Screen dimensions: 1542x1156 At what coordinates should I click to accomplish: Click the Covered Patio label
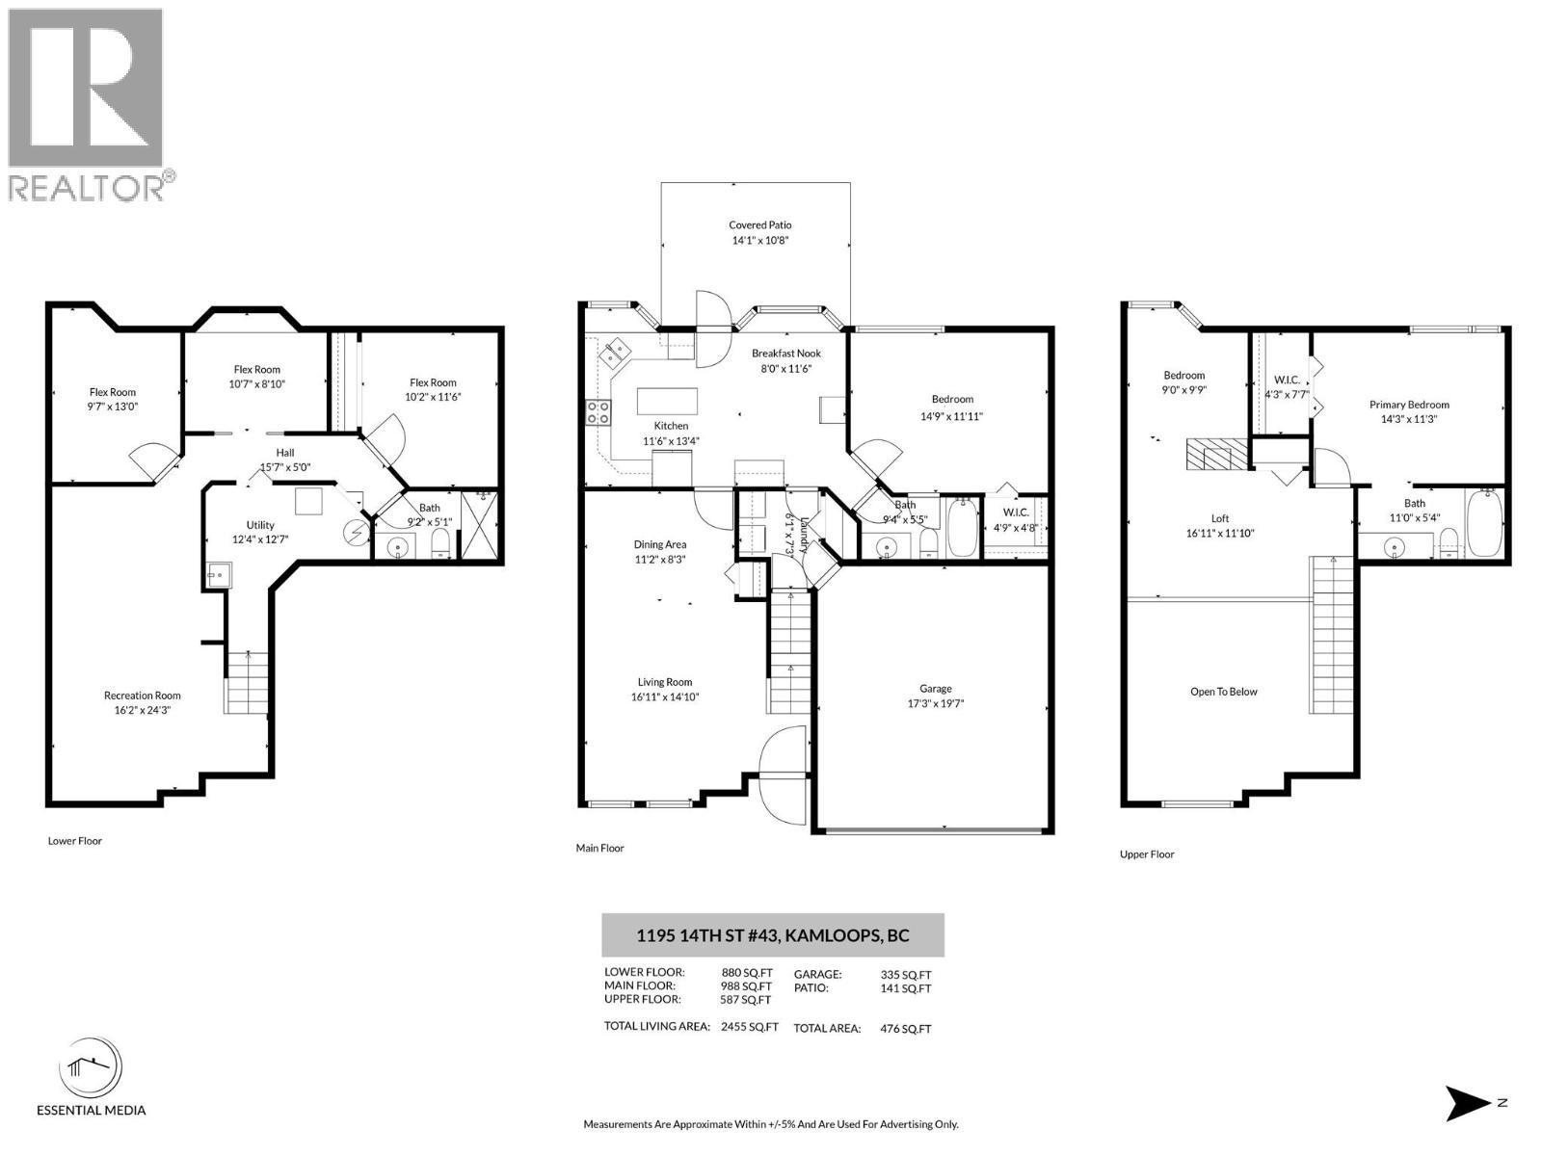point(759,225)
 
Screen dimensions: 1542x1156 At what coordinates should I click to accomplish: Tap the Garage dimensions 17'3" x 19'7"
point(935,703)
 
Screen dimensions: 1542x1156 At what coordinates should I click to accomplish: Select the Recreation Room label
point(142,696)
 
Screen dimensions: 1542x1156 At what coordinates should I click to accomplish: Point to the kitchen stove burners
point(598,412)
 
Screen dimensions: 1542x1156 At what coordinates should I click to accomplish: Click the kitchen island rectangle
point(667,402)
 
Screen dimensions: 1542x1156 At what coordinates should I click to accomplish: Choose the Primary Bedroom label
point(1409,405)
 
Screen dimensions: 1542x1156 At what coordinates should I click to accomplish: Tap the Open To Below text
point(1223,692)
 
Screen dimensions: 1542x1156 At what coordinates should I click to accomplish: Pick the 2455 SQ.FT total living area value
point(750,1026)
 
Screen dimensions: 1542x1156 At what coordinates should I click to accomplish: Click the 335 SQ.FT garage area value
point(906,975)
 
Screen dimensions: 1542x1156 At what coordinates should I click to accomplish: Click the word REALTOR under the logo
point(87,188)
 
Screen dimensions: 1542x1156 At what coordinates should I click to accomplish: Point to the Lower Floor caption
point(74,841)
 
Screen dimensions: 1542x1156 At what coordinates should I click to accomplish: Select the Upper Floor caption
point(1147,854)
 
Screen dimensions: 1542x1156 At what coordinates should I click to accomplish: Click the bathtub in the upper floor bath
point(1484,524)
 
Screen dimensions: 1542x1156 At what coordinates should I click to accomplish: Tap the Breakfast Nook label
point(785,353)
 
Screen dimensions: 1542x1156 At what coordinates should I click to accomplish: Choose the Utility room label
point(260,525)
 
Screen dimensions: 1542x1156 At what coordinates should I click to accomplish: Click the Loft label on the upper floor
point(1219,518)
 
